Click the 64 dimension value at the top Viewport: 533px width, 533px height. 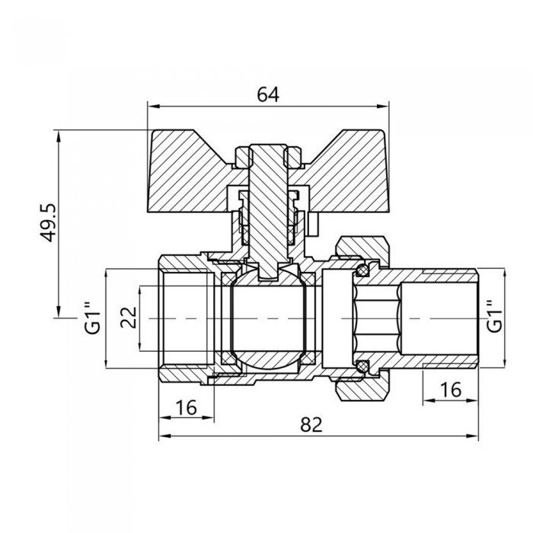click(x=268, y=94)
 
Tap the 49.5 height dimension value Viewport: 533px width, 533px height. click(x=47, y=222)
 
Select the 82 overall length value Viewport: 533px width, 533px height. click(x=311, y=424)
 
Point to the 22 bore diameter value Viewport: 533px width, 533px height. click(x=129, y=318)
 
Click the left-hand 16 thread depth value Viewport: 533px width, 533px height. click(x=187, y=407)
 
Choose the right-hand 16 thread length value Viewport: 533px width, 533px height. click(x=451, y=390)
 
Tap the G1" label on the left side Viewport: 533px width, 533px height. click(x=92, y=318)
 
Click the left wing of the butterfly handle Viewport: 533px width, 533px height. click(x=190, y=174)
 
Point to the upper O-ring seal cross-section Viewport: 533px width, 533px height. click(x=362, y=270)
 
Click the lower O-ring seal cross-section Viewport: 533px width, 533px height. click(x=362, y=365)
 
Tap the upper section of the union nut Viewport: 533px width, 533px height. click(x=362, y=247)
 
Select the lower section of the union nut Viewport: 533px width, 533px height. click(x=362, y=390)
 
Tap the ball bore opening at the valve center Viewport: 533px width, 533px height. click(x=269, y=318)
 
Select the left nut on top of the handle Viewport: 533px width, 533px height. click(x=243, y=157)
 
